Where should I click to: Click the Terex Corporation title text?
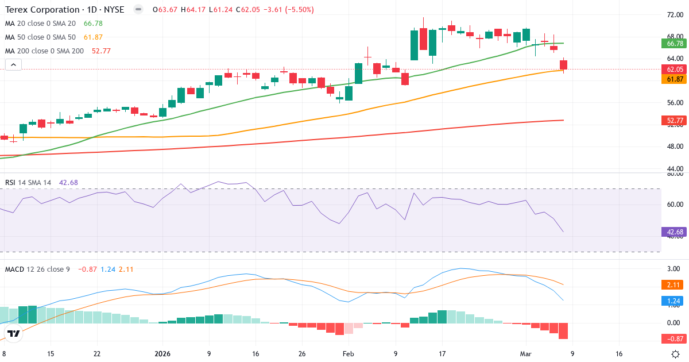[x=42, y=10]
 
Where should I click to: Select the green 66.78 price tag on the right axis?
[x=675, y=43]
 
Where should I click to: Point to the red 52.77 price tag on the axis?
[x=675, y=120]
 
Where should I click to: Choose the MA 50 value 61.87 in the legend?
[x=93, y=37]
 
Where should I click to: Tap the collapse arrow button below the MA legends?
[x=13, y=65]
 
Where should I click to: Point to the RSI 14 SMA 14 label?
[x=28, y=182]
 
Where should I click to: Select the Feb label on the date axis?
[x=349, y=354]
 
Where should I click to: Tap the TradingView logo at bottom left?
[x=14, y=333]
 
